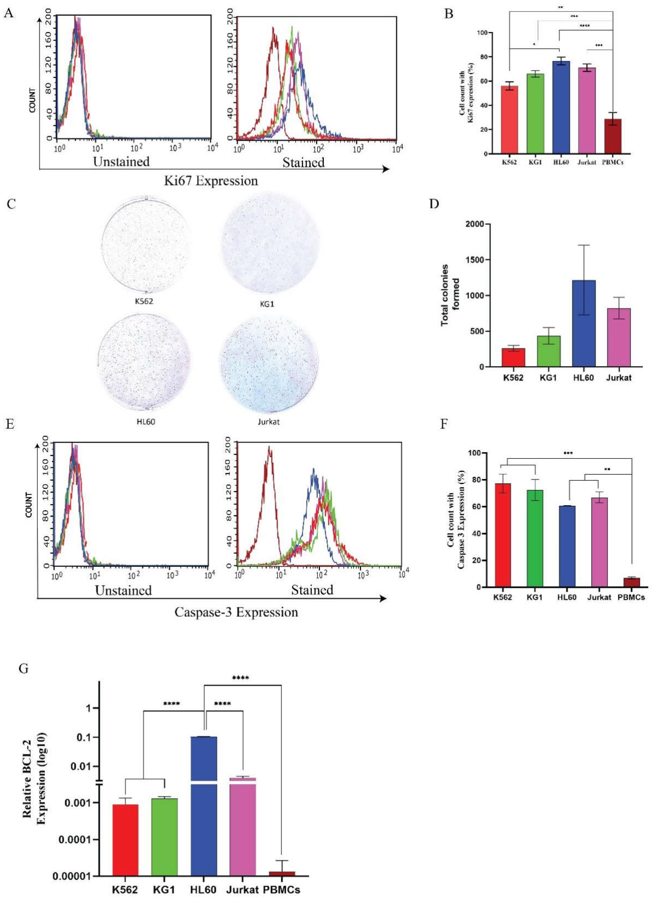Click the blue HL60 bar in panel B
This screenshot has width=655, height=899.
click(x=561, y=107)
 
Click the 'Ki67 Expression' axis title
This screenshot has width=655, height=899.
click(x=211, y=181)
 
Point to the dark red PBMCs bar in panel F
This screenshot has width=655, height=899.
click(x=631, y=582)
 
